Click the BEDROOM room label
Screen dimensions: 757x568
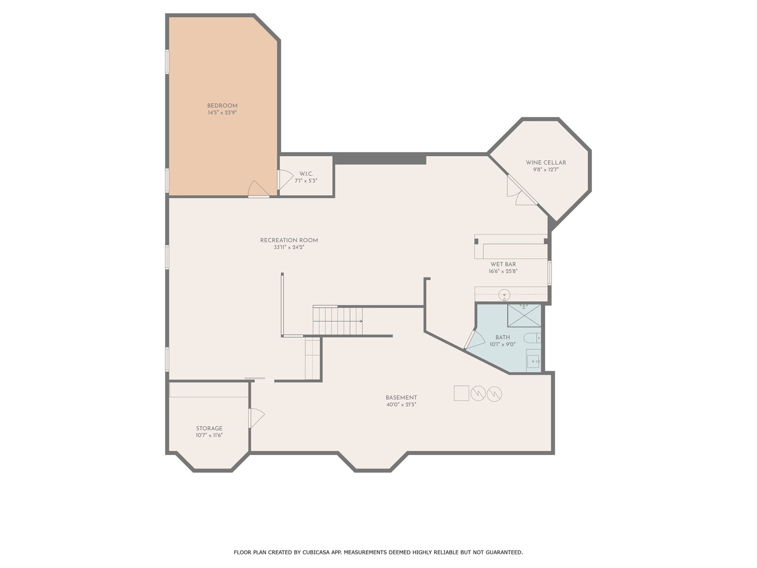pos(222,106)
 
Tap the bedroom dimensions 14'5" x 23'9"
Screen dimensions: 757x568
pos(222,113)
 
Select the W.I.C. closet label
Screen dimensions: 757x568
pos(306,174)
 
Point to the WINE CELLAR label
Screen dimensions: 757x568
pos(546,163)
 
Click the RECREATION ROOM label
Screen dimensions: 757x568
pos(289,240)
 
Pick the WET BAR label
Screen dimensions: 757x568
pos(503,265)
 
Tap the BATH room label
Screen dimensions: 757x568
pos(503,338)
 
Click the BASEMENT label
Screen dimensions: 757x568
pos(402,398)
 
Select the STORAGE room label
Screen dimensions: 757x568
pos(209,428)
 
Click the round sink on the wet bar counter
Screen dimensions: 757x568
pos(504,295)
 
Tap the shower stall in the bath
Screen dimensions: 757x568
pos(524,316)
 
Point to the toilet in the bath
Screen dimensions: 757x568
pos(532,338)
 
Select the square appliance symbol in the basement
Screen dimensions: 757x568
pos(462,393)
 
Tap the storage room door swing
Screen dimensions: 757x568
pos(257,418)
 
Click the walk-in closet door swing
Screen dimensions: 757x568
pos(286,180)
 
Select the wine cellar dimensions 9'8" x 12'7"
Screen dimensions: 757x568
pos(546,170)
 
